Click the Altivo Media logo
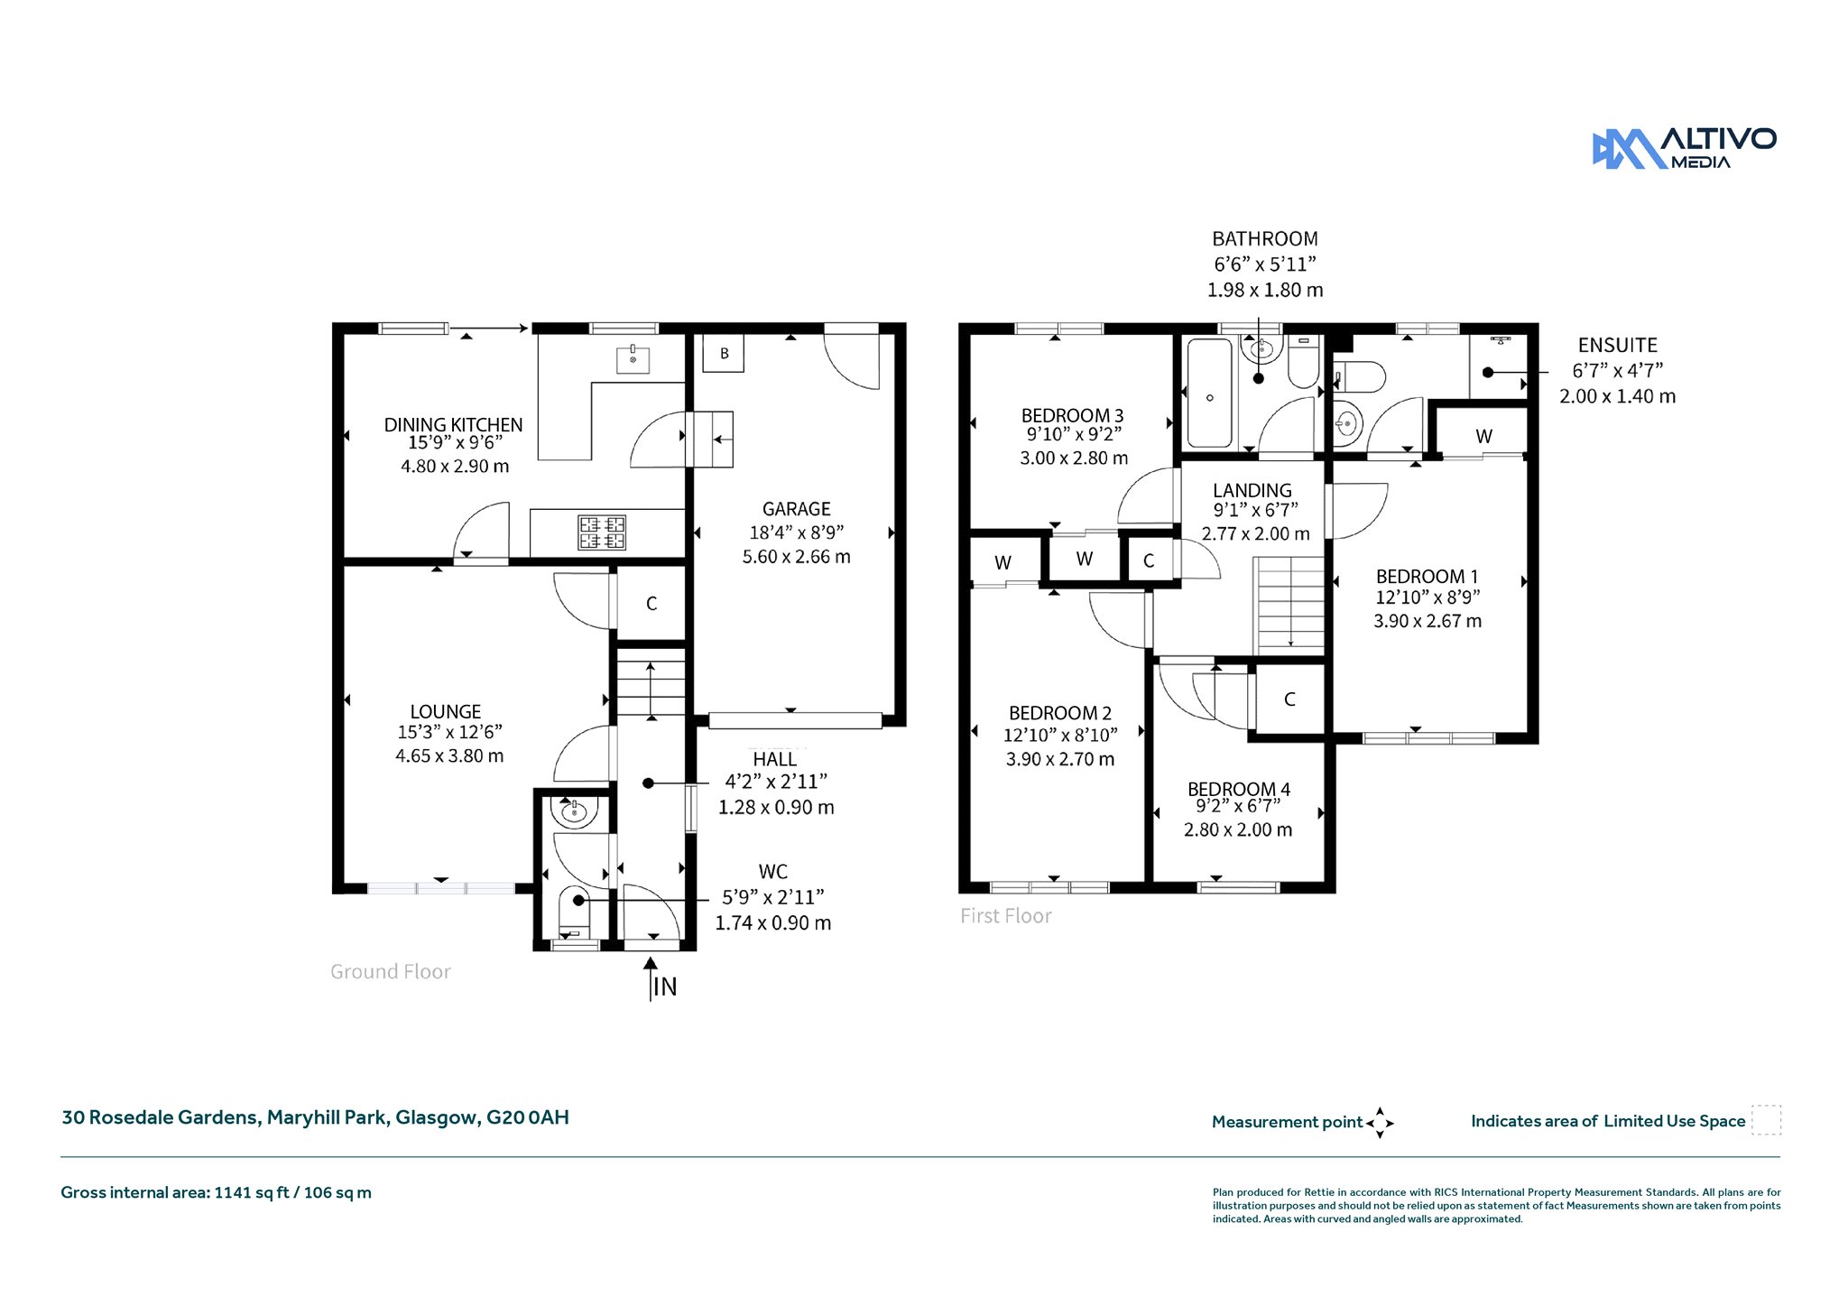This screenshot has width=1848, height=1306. point(1684,148)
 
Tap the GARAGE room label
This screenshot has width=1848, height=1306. point(796,509)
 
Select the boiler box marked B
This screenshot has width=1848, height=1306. point(724,353)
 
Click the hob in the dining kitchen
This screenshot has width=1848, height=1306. point(602,533)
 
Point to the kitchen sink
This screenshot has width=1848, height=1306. point(633,358)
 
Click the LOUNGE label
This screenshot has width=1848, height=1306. point(446,711)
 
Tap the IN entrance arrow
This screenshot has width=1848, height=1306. point(651,978)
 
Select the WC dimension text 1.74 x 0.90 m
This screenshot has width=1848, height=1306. point(773,922)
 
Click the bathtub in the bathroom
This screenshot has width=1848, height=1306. point(1210,393)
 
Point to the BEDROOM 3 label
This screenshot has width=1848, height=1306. point(1072,415)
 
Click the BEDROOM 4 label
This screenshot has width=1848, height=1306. point(1239,789)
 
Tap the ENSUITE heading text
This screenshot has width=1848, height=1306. point(1618,345)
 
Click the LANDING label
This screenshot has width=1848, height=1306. point(1252,490)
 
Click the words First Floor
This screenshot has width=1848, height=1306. point(1006,915)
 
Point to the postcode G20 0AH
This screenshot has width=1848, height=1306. point(528,1117)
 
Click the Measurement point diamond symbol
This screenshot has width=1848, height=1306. point(1380,1123)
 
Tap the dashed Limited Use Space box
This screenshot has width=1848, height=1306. point(1766,1120)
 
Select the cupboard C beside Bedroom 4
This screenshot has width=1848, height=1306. point(1289,699)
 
